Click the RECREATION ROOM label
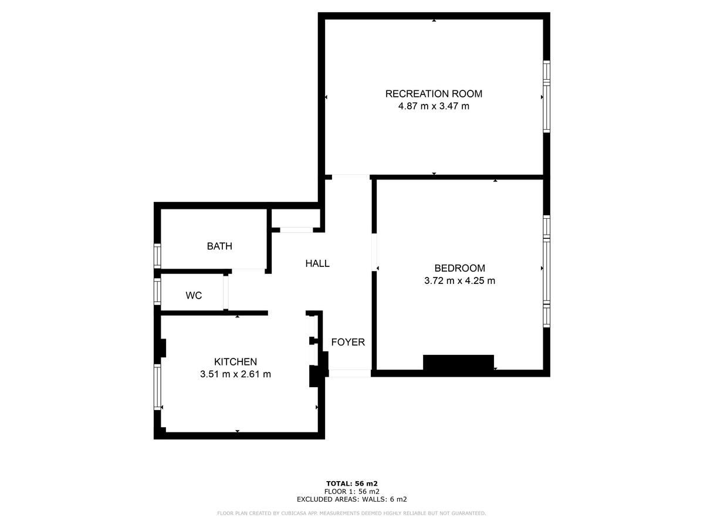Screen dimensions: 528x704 (434, 94)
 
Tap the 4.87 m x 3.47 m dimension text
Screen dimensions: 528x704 (434, 106)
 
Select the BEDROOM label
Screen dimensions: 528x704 (459, 268)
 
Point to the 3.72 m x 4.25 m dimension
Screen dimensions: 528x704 (459, 280)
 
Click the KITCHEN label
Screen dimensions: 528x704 (235, 362)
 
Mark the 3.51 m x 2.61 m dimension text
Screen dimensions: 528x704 (235, 374)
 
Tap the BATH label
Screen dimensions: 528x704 (219, 246)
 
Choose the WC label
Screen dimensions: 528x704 (194, 296)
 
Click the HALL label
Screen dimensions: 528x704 (317, 264)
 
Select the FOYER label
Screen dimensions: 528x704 (348, 342)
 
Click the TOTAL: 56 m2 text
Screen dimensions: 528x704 (352, 483)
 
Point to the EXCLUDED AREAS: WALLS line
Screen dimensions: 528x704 (352, 499)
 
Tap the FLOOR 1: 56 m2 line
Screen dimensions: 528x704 (352, 492)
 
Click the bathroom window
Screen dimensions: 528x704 (157, 255)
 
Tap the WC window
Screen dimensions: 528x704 (157, 291)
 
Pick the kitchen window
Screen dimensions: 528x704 (157, 387)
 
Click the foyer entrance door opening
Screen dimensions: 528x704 (350, 373)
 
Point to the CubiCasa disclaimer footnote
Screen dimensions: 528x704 (352, 513)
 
